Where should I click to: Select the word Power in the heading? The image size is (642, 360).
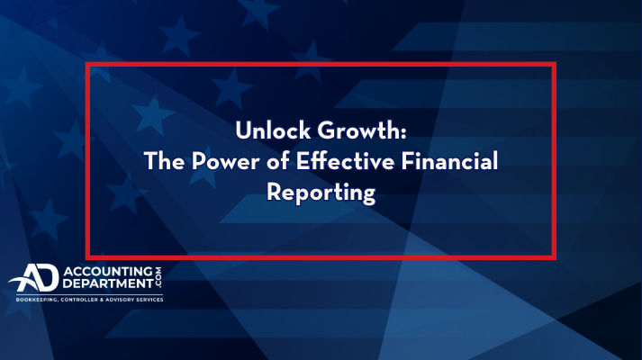coord(225,161)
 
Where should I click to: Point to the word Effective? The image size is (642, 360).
coord(345,161)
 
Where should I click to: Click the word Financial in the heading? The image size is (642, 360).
coord(449,161)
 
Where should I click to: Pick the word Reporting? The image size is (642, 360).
coord(321,193)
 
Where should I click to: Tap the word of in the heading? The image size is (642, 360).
coord(277,161)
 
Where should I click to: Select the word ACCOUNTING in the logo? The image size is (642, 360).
coord(108,271)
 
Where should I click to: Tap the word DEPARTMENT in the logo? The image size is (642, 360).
coord(108,283)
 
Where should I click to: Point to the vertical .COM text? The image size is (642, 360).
coord(158,277)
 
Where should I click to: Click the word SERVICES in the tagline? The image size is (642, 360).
coord(149,300)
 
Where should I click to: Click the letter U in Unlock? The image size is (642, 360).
coord(243,130)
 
